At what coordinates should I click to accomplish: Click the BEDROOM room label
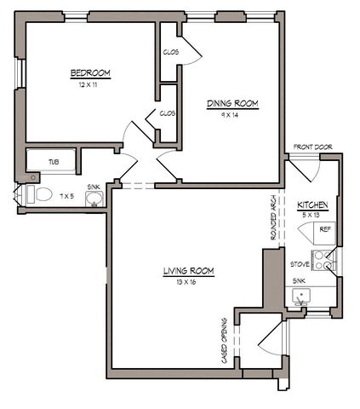pos(90,73)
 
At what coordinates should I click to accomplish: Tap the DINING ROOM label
pos(232,104)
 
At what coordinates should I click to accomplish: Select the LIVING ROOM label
pos(189,271)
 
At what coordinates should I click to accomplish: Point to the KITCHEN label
pos(312,205)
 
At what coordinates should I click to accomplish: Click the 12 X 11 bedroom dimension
pos(88,84)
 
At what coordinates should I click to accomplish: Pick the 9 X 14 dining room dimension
pos(230,115)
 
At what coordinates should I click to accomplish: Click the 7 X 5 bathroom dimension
pos(67,196)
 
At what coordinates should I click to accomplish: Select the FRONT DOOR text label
pos(312,147)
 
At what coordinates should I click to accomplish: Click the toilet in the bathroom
pos(40,194)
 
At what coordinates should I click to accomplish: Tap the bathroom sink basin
pos(94,199)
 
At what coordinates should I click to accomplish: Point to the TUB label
pos(54,162)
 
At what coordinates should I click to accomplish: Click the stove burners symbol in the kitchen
pos(323,261)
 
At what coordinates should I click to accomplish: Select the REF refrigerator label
pos(325,229)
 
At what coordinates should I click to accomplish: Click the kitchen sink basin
pos(301,296)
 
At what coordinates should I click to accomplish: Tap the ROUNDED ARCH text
pos(273,217)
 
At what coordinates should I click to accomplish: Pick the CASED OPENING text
pos(224,341)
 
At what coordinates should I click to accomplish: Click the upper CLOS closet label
pos(171,52)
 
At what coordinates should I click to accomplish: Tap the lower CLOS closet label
pos(168,113)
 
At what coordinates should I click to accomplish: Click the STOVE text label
pos(300,264)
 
